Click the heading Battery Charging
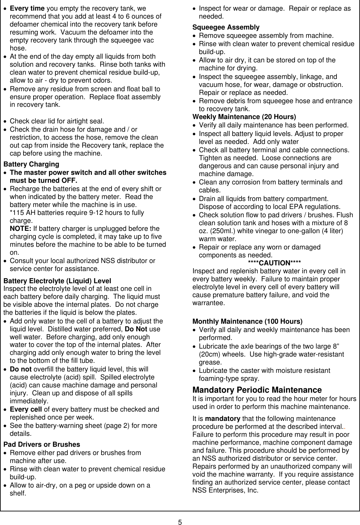point(31,164)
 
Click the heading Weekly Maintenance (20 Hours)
point(244,117)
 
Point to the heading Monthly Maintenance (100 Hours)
point(248,321)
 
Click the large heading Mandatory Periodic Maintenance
point(257,390)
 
